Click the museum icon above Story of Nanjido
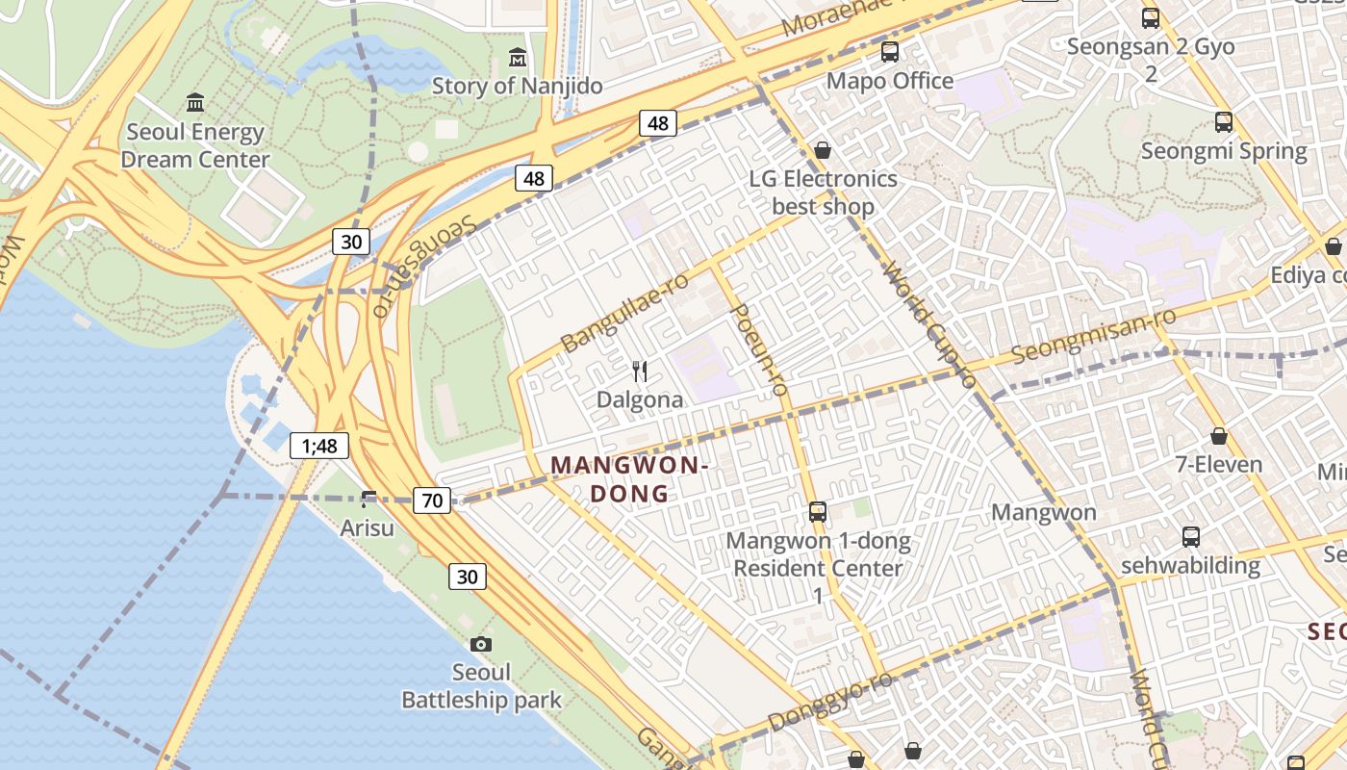click(518, 58)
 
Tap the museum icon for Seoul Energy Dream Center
click(195, 103)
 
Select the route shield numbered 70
click(432, 500)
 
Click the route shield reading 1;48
click(319, 446)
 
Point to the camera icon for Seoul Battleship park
click(481, 644)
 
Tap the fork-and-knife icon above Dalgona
click(640, 371)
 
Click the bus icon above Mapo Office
click(890, 52)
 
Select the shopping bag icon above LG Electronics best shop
click(823, 150)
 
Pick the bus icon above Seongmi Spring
click(1224, 122)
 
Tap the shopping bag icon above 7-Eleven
click(1219, 436)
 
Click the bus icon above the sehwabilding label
click(1191, 537)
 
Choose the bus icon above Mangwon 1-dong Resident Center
click(818, 512)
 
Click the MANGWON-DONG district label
click(629, 479)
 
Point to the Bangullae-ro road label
click(625, 311)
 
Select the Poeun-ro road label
click(760, 349)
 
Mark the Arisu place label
click(368, 527)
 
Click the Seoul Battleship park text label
click(481, 685)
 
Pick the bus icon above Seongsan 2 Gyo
click(1150, 18)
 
